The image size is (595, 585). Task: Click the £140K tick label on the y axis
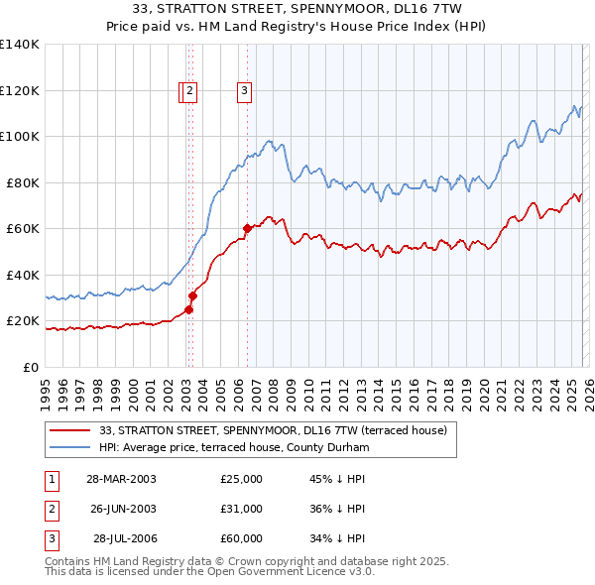click(x=20, y=45)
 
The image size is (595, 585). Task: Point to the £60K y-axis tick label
click(x=23, y=229)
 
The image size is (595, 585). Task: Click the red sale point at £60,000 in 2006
click(x=247, y=229)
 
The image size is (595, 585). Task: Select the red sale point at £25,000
click(x=188, y=309)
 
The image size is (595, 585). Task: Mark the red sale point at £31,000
click(x=193, y=295)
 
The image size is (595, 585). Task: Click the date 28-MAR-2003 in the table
click(x=121, y=479)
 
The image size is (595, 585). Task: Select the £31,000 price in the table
click(x=242, y=509)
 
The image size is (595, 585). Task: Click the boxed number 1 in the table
click(x=50, y=479)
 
